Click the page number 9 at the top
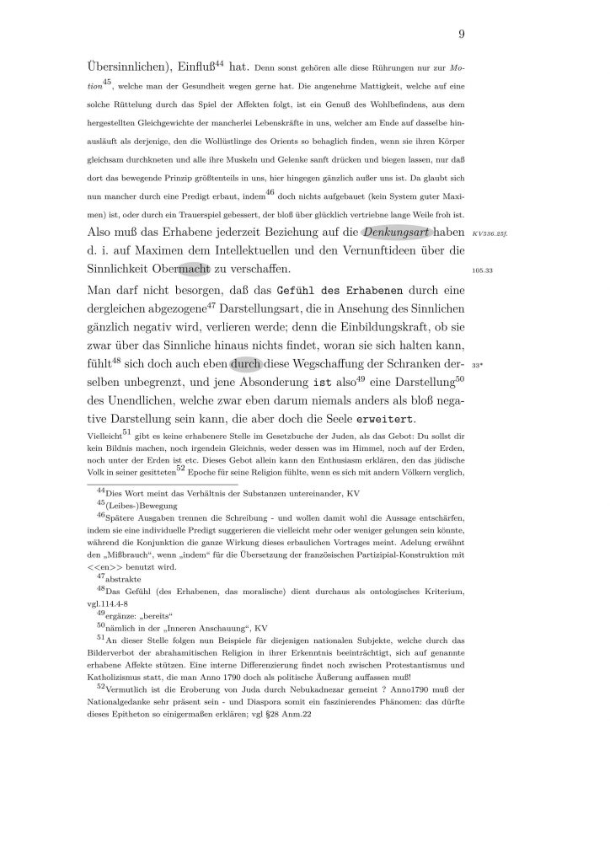point(463,34)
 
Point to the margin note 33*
point(477,365)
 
